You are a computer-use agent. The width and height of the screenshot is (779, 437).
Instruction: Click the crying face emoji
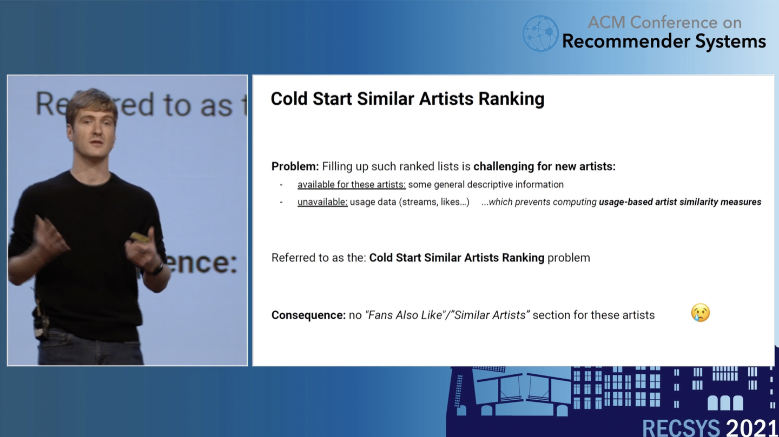click(x=700, y=313)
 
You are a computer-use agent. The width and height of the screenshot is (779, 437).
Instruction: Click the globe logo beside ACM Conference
click(x=540, y=33)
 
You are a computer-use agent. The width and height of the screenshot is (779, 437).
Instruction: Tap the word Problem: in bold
click(x=295, y=166)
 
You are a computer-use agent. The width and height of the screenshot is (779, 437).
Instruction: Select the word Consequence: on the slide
click(x=308, y=315)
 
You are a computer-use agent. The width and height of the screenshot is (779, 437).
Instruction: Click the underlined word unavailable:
click(x=322, y=202)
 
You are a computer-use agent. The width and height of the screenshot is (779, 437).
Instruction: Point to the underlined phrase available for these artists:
click(x=351, y=184)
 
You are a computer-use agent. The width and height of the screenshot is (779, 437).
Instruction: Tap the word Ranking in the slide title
click(x=511, y=99)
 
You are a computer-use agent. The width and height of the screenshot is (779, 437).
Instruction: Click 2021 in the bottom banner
click(x=751, y=428)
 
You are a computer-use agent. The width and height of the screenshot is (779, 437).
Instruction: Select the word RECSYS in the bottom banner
click(x=681, y=428)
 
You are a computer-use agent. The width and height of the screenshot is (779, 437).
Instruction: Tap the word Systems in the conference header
click(x=730, y=42)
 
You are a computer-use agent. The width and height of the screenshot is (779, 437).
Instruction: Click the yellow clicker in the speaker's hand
click(x=140, y=238)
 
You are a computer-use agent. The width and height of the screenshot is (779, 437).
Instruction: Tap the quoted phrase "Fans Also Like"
click(x=405, y=315)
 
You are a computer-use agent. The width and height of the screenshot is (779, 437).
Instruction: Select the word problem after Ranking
click(x=569, y=258)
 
